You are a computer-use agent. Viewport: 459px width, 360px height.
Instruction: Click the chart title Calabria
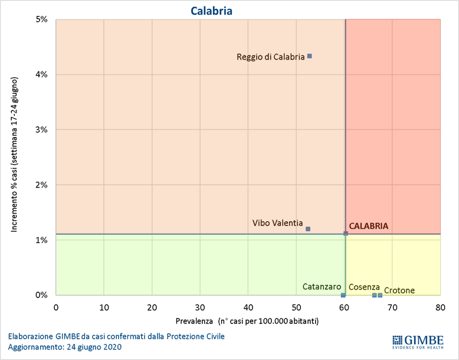(x=211, y=11)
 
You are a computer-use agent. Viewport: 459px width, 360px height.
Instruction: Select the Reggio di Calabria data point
(x=310, y=56)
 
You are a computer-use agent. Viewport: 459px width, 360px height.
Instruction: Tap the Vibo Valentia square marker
(x=308, y=229)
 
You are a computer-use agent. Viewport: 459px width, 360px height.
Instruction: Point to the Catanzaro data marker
(x=343, y=295)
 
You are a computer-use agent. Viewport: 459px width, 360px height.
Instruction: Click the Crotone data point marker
(x=380, y=295)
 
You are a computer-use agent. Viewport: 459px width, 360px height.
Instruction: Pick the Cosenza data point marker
(x=374, y=295)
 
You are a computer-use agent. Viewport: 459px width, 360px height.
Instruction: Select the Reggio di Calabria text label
(x=271, y=57)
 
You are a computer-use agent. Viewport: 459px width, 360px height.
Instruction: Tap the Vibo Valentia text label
(x=277, y=223)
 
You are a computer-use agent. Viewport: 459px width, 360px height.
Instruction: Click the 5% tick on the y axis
(x=41, y=19)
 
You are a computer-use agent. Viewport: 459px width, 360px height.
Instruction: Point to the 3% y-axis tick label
(x=41, y=130)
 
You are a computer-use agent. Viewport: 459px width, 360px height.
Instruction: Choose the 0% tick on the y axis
(x=41, y=295)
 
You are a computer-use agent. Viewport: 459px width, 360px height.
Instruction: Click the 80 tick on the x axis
(x=440, y=307)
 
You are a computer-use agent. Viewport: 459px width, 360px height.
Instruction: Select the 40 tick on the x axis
(x=248, y=307)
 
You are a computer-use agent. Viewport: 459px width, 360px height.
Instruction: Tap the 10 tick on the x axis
(x=104, y=307)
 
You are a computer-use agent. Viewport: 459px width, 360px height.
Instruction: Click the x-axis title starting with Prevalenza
(x=247, y=322)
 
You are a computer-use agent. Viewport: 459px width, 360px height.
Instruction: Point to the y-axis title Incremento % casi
(x=14, y=153)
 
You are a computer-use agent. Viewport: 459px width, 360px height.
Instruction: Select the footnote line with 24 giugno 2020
(x=65, y=347)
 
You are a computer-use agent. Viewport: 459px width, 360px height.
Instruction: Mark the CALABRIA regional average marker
(x=346, y=234)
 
